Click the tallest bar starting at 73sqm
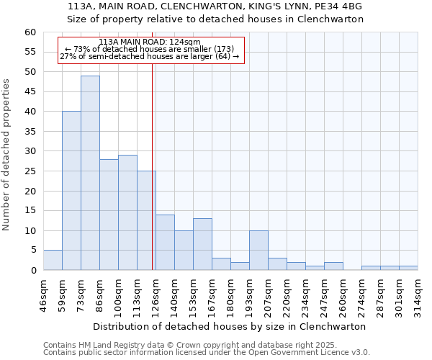coord(90,173)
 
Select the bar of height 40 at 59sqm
coord(71,191)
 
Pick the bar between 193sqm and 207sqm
coord(258,251)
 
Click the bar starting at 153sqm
coord(202,245)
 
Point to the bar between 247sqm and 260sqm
coord(333,266)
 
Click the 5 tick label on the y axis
coord(33,251)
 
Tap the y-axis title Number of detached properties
coord(7,151)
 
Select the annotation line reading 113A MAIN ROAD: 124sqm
coord(150,42)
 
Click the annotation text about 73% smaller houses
coord(150,49)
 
